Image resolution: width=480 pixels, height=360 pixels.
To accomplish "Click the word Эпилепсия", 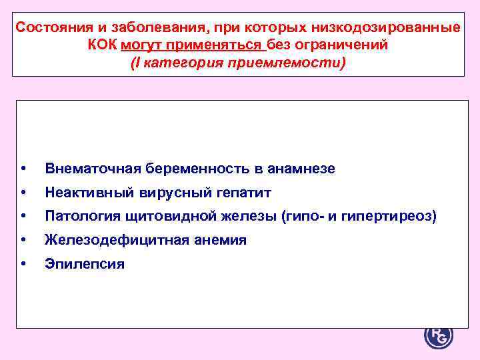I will point(85,263).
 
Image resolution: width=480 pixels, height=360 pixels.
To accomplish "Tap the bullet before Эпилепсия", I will point(25,263).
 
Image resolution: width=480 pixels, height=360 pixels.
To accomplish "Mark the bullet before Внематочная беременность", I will point(25,169).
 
